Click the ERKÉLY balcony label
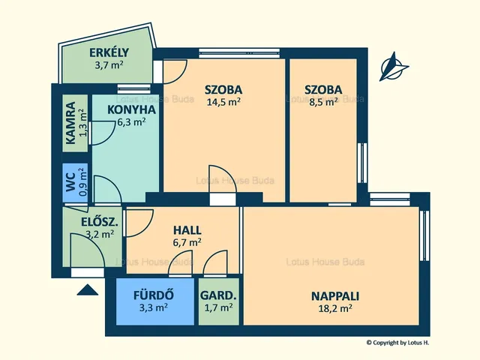pyautogui.click(x=109, y=53)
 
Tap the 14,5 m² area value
pyautogui.click(x=223, y=102)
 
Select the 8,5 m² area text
pyautogui.click(x=323, y=102)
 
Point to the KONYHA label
pyautogui.click(x=132, y=110)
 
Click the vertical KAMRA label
pyautogui.click(x=70, y=123)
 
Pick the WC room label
pyautogui.click(x=70, y=182)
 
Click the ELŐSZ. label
pyautogui.click(x=100, y=222)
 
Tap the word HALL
pyautogui.click(x=187, y=230)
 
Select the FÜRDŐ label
pyautogui.click(x=154, y=295)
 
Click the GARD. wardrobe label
pyautogui.click(x=218, y=295)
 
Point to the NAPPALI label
pyautogui.click(x=335, y=296)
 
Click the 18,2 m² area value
pyautogui.click(x=335, y=308)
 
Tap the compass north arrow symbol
pyautogui.click(x=394, y=67)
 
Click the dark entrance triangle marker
pyautogui.click(x=88, y=290)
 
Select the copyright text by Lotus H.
pyautogui.click(x=397, y=343)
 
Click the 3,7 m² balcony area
pyautogui.click(x=109, y=65)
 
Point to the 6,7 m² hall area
pyautogui.click(x=187, y=242)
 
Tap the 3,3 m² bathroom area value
pyautogui.click(x=154, y=307)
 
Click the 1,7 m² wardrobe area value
pyautogui.click(x=218, y=307)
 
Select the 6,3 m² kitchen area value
pyautogui.click(x=132, y=121)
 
